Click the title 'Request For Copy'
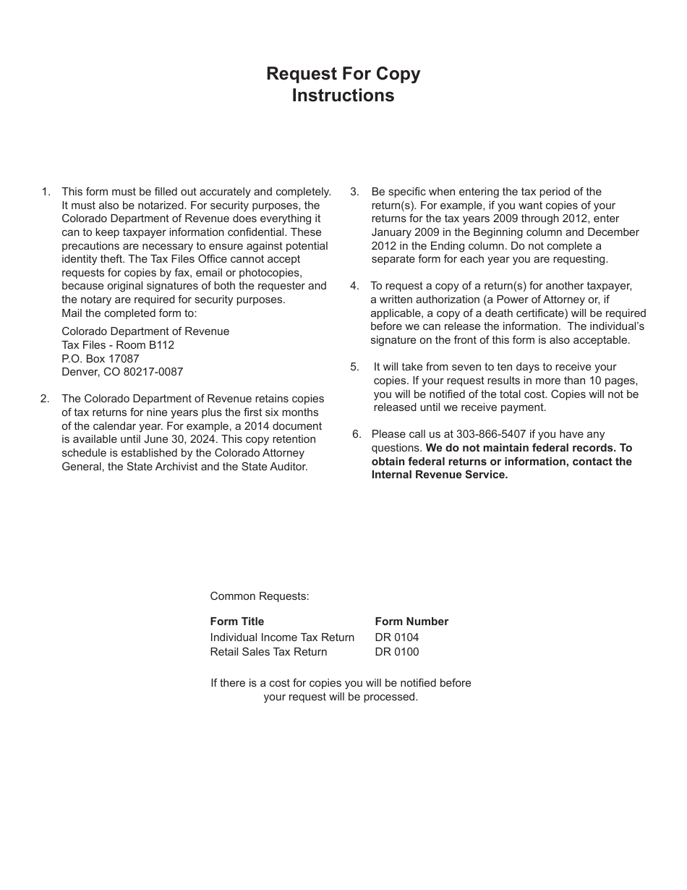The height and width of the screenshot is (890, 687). [x=343, y=74]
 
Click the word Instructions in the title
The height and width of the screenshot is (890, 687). [x=343, y=96]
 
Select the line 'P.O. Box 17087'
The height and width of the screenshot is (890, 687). [x=101, y=358]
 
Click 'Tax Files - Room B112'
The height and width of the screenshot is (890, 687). [x=118, y=345]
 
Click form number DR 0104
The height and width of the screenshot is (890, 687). [x=396, y=637]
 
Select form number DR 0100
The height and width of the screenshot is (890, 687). [x=396, y=652]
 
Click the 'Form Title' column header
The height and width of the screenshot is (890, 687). [x=236, y=622]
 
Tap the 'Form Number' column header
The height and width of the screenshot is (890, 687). [x=411, y=622]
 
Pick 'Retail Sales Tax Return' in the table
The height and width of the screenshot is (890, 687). [x=268, y=652]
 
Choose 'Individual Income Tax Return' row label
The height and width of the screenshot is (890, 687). [x=282, y=637]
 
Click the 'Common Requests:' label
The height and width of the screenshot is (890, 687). [x=260, y=596]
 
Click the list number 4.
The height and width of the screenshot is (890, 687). [x=354, y=286]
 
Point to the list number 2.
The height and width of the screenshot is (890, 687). [x=45, y=399]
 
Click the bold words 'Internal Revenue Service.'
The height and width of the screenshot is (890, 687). [x=440, y=475]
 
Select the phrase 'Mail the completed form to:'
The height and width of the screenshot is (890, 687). [x=129, y=313]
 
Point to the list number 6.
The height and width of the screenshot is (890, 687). [x=356, y=434]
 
